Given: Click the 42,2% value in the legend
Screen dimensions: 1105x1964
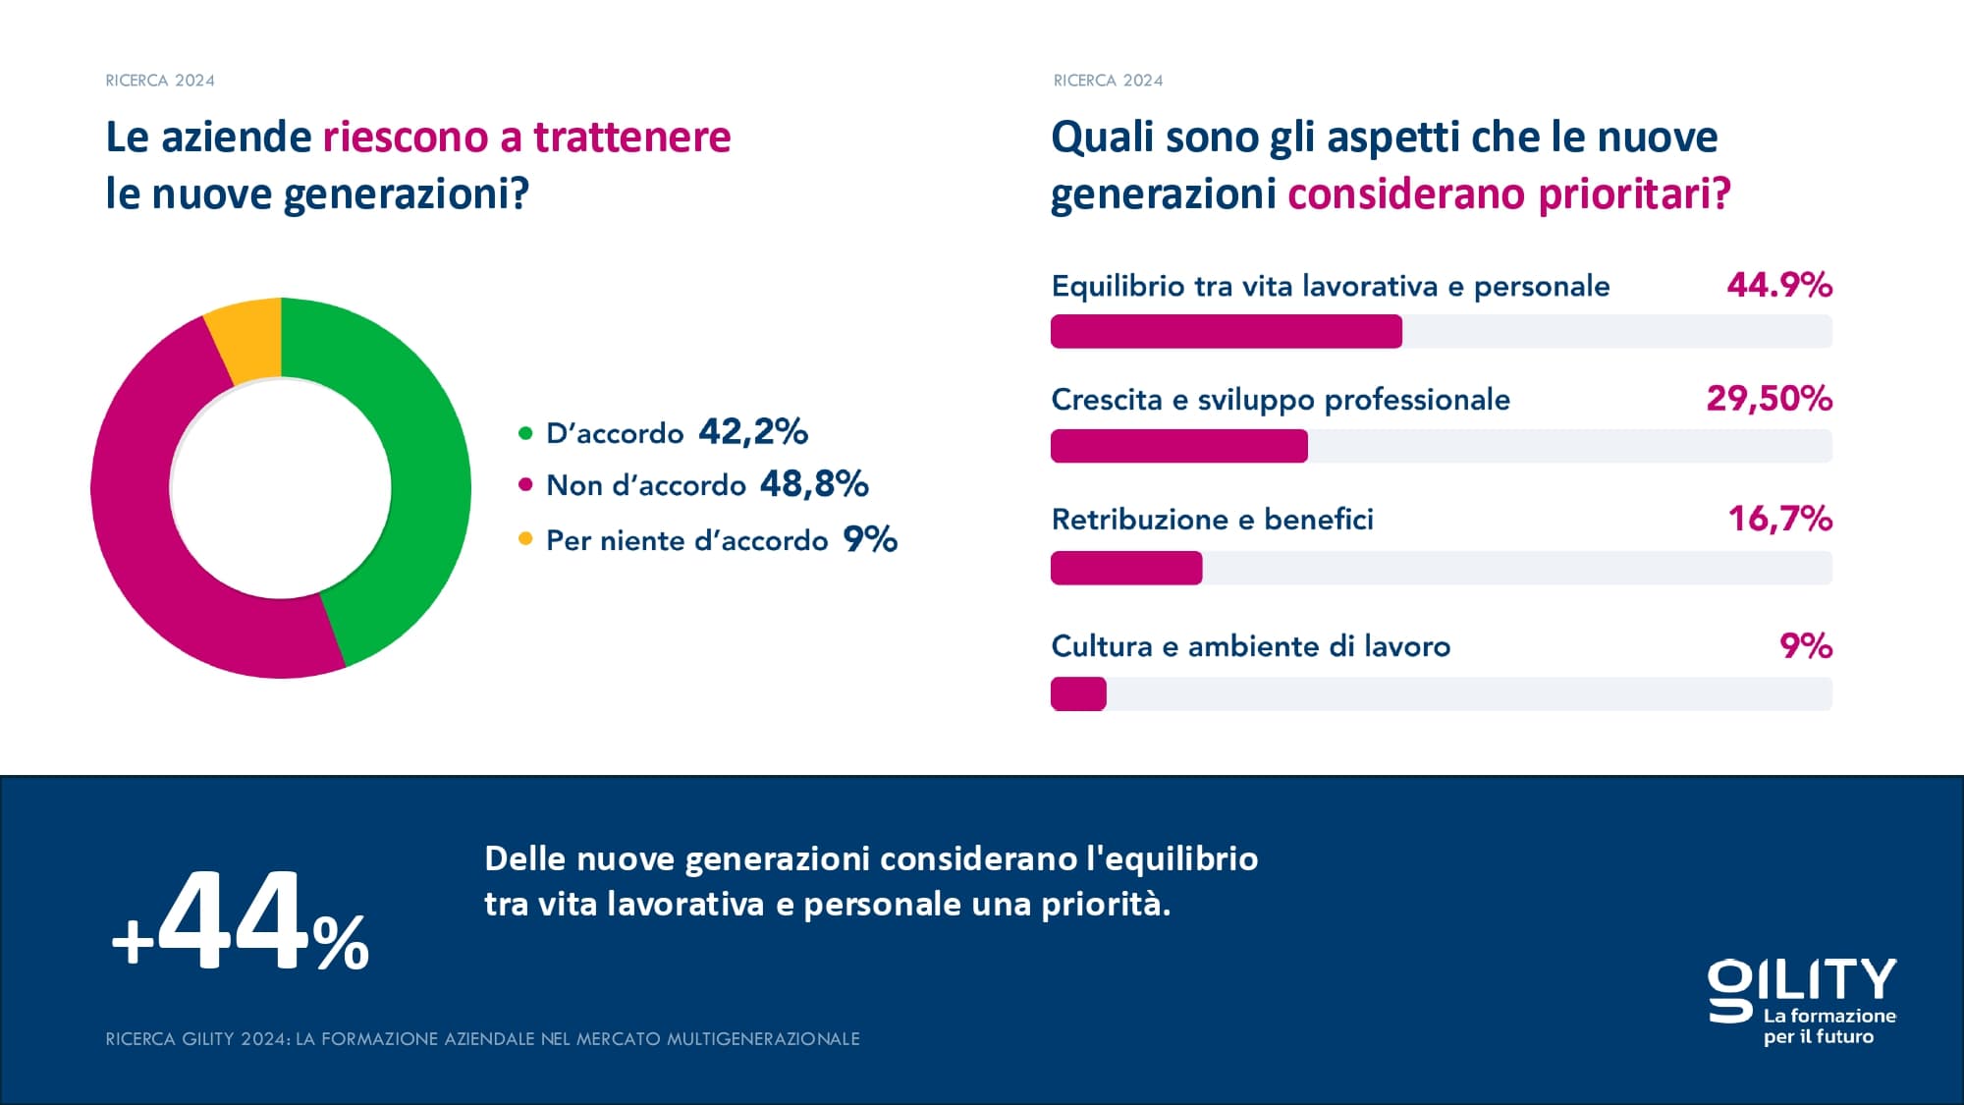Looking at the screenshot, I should (753, 431).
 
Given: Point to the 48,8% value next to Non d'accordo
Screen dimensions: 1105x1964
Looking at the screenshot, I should (814, 483).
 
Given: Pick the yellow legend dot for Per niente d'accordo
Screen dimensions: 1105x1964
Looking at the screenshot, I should (525, 538).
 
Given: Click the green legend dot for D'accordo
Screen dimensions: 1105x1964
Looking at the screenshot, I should (525, 432).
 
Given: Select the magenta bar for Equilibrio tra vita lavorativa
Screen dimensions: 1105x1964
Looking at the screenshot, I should (1226, 331).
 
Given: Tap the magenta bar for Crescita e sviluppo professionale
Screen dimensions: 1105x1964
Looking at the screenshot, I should (1178, 446).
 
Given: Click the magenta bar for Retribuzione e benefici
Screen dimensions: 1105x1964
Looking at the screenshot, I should (1125, 568).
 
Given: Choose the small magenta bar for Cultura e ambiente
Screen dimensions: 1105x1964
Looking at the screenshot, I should (1078, 693).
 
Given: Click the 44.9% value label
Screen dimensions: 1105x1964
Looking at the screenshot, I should (1779, 285).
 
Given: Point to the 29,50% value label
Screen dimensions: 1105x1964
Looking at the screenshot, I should (1769, 399).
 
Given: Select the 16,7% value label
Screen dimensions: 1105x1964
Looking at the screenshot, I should (1779, 519).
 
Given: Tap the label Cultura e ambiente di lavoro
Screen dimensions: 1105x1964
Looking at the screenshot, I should (1250, 646).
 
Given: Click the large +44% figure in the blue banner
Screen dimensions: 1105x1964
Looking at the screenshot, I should (241, 923).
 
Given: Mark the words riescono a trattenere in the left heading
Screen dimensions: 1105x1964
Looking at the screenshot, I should (526, 138).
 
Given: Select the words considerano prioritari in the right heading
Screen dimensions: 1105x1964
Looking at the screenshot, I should (1508, 193).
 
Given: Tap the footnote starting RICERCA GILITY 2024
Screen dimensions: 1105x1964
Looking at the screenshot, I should (482, 1038).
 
